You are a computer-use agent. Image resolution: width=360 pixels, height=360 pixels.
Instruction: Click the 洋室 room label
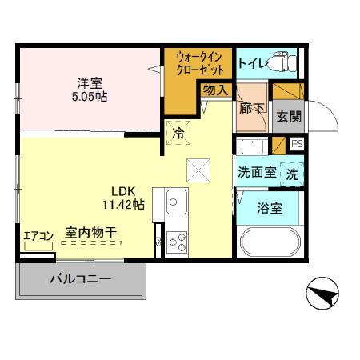pyautogui.click(x=89, y=82)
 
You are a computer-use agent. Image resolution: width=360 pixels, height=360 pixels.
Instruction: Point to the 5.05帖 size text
pyautogui.click(x=89, y=97)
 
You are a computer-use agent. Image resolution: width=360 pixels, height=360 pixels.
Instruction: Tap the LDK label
pyautogui.click(x=122, y=191)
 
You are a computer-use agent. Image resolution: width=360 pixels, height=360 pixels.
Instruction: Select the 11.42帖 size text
pyautogui.click(x=122, y=205)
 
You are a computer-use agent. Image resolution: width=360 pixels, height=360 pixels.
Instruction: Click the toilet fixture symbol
pyautogui.click(x=282, y=61)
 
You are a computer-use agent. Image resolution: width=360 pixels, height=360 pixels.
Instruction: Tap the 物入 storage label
pyautogui.click(x=214, y=90)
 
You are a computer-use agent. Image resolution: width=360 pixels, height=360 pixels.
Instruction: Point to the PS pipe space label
pyautogui.click(x=297, y=144)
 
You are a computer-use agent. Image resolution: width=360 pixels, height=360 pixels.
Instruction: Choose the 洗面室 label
pyautogui.click(x=256, y=171)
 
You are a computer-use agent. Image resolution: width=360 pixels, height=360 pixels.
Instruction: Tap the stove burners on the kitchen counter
pyautogui.click(x=176, y=243)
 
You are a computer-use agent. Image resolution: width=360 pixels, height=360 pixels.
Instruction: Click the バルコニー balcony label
pyautogui.click(x=80, y=280)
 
